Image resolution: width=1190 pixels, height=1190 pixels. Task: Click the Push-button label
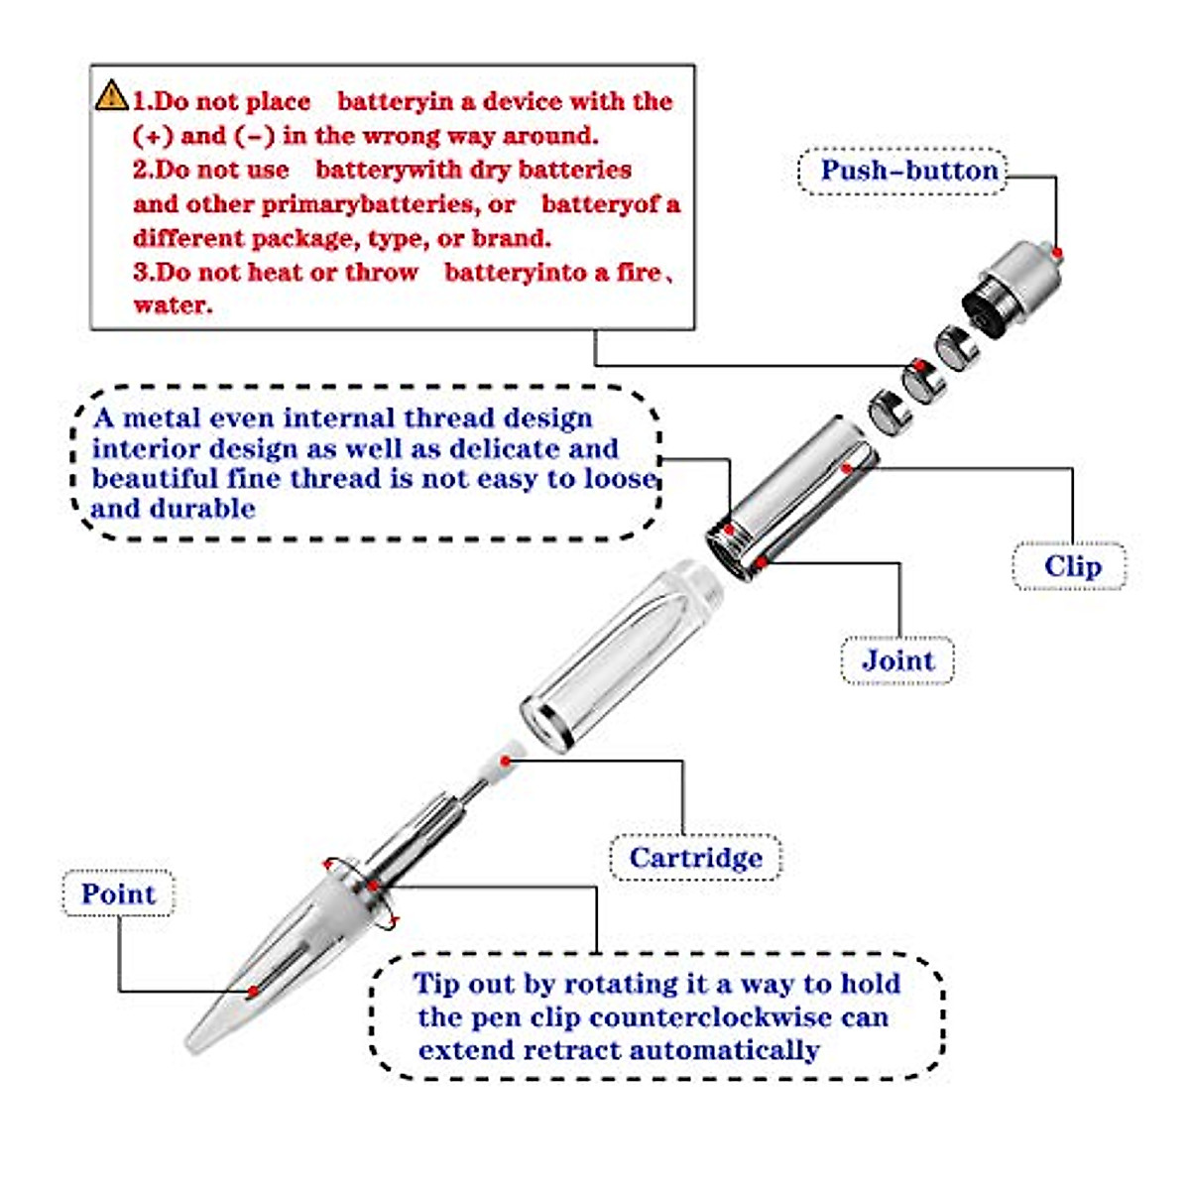[x=908, y=171]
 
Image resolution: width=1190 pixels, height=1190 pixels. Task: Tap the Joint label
[x=897, y=660]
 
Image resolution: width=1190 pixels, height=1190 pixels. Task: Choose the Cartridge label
[x=695, y=858]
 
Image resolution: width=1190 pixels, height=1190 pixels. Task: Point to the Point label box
[x=118, y=893]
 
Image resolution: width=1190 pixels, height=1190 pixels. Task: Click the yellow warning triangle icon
[x=111, y=96]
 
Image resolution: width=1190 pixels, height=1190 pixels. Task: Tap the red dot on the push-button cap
[x=1057, y=254]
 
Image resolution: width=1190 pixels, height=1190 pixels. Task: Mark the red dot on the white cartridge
[x=506, y=762]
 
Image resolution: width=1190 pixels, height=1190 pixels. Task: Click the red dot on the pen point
[x=254, y=991]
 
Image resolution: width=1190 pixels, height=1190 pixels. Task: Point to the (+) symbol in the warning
[x=152, y=136]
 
